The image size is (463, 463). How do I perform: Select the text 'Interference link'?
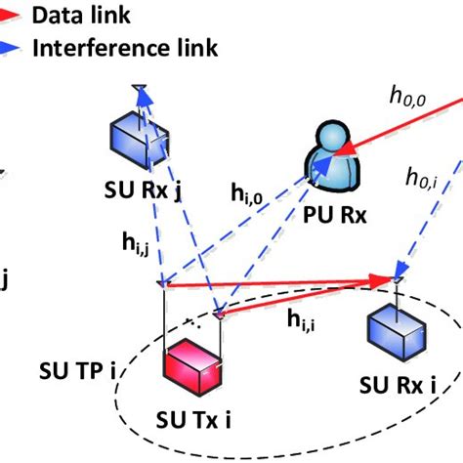[x=126, y=47]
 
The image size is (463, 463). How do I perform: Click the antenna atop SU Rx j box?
[x=141, y=92]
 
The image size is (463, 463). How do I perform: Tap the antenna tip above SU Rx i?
[x=397, y=280]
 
